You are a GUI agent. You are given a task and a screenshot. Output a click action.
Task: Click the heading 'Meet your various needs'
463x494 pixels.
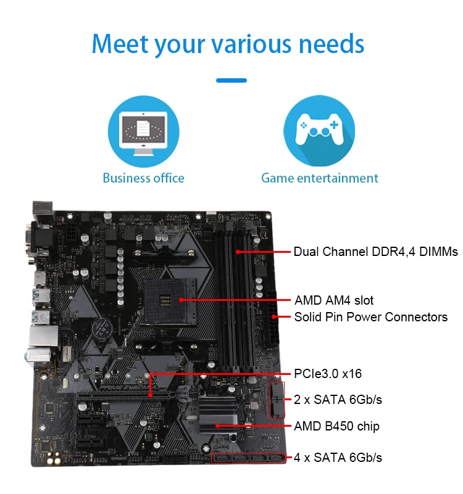pos(228,44)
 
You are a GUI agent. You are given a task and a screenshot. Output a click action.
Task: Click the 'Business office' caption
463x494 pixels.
pos(143,178)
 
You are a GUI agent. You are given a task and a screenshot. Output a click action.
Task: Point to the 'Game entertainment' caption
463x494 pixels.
pos(319,178)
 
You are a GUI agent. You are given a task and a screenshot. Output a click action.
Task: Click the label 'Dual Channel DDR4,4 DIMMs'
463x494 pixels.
pos(375,252)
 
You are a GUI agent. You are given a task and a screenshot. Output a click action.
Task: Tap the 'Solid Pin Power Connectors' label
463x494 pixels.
pos(370,317)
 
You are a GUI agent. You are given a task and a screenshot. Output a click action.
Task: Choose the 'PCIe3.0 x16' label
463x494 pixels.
pos(328,374)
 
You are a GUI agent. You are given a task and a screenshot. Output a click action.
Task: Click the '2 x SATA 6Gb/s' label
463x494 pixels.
pos(338,400)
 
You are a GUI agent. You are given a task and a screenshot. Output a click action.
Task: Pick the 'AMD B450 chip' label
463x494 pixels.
pos(336,426)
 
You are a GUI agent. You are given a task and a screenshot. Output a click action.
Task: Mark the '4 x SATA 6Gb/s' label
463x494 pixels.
pos(338,457)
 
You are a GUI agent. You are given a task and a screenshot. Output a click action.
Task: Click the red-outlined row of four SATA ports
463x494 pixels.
pos(249,458)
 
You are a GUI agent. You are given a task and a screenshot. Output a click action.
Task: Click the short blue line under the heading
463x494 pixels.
pos(231,80)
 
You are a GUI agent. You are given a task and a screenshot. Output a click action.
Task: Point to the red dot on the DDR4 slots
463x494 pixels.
pos(238,252)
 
